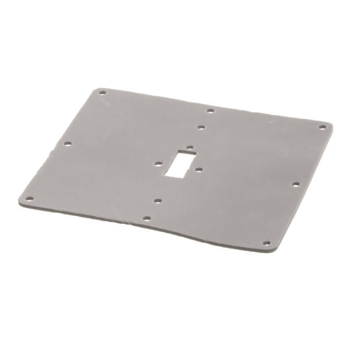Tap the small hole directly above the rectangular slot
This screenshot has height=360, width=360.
click(x=189, y=148)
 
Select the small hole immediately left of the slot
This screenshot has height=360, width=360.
click(x=157, y=164)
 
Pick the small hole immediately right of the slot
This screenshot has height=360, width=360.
click(x=199, y=170)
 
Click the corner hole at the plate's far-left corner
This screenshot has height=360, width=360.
click(x=31, y=198)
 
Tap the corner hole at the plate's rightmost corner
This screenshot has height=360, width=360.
click(x=322, y=127)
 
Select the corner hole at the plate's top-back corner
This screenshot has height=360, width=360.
click(x=103, y=93)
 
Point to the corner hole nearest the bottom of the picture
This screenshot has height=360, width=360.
click(x=267, y=243)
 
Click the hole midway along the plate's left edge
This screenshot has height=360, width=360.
click(x=67, y=143)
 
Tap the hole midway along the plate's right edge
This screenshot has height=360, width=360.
click(x=296, y=184)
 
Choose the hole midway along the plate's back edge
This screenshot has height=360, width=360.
click(x=210, y=110)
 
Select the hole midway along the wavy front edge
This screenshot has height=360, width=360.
click(x=147, y=219)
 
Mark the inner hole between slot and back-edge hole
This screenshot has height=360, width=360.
click(x=200, y=127)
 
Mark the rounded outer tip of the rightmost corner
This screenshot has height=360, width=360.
click(x=331, y=125)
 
